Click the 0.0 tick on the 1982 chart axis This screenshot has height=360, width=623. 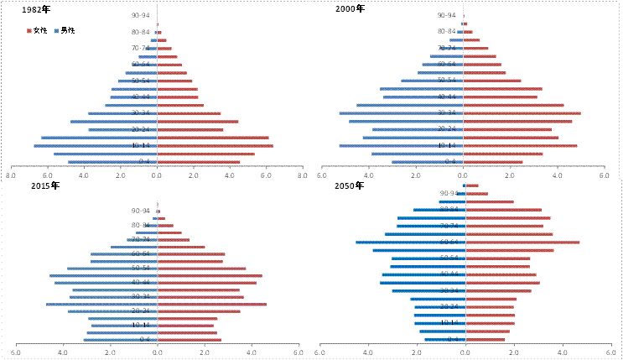pyautogui.click(x=156, y=177)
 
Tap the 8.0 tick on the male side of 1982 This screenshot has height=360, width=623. pyautogui.click(x=11, y=177)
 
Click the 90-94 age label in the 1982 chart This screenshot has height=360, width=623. pyautogui.click(x=141, y=16)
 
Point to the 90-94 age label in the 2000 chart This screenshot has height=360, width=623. pyautogui.click(x=448, y=16)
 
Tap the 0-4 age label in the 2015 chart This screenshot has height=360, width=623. pyautogui.click(x=145, y=339)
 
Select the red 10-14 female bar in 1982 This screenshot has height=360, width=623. pyautogui.click(x=215, y=146)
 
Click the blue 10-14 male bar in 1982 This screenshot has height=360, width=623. pyautogui.click(x=96, y=146)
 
